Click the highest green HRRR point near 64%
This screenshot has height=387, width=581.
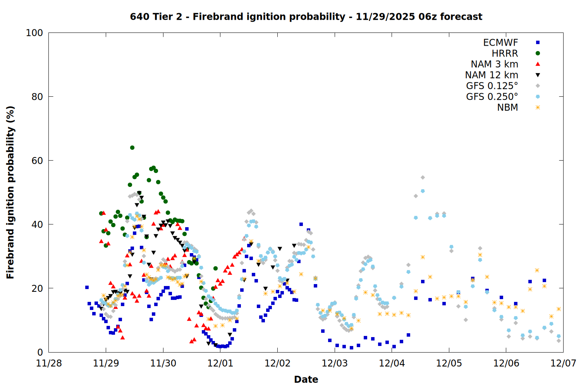[132, 147]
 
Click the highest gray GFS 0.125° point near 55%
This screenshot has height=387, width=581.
[423, 178]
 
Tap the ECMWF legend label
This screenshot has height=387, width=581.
[500, 43]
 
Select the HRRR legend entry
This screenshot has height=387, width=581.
[505, 53]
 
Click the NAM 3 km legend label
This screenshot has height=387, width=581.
[494, 64]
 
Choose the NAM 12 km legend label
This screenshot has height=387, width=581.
[492, 75]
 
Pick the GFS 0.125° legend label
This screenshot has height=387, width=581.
[492, 86]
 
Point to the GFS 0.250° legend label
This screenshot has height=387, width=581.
[492, 97]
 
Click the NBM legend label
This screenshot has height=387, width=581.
[507, 108]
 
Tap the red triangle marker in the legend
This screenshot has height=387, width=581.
[538, 64]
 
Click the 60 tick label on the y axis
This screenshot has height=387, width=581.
[37, 161]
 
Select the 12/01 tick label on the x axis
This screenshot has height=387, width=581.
[220, 363]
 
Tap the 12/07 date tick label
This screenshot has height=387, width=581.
[563, 363]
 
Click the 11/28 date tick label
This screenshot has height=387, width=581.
[49, 363]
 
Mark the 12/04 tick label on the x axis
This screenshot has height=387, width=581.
[392, 363]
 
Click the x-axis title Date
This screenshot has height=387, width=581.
[306, 379]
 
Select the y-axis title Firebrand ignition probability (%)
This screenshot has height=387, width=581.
[10, 192]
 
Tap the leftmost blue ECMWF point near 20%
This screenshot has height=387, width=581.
[87, 287]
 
